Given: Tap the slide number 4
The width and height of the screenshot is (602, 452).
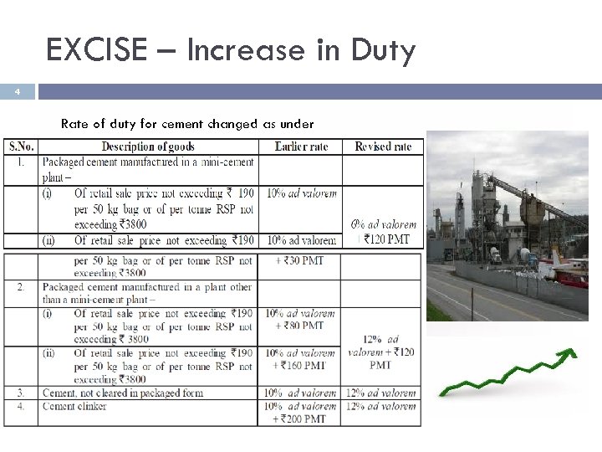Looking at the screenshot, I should tap(18, 92).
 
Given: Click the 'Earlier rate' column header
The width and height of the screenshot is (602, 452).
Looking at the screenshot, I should tap(301, 146).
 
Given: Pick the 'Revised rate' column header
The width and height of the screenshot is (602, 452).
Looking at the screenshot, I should tap(383, 146).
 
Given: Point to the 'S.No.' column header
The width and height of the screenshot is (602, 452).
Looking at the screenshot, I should tap(22, 146).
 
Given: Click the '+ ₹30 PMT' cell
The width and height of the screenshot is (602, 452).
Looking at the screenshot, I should tap(300, 261).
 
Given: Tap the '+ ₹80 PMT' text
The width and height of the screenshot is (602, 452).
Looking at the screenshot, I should tap(300, 326).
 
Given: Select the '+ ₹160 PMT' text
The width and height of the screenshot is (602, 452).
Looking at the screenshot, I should tap(300, 366).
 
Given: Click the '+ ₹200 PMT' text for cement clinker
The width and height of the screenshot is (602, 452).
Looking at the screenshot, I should tap(300, 419).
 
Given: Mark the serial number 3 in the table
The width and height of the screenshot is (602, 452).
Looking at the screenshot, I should tap(19, 393).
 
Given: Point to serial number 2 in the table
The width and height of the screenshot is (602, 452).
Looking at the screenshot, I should tap(19, 287).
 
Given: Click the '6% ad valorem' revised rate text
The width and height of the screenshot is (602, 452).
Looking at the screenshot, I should tap(384, 224).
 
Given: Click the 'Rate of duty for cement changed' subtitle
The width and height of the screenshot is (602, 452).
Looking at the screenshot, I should tap(186, 124).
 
